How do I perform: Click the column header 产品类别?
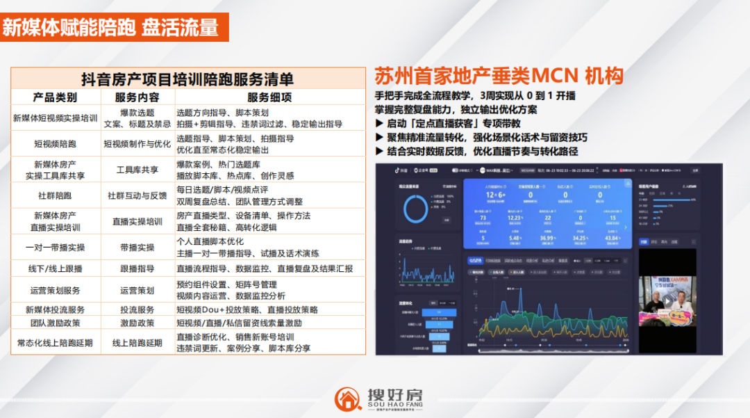(x=55, y=97)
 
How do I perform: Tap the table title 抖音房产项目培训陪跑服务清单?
(x=187, y=79)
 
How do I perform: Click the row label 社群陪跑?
(x=55, y=196)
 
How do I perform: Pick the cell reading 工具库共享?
(x=137, y=170)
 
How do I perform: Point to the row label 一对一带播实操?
(x=55, y=248)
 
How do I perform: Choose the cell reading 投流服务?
(x=137, y=310)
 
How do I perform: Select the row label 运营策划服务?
(x=55, y=290)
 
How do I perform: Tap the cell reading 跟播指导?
(x=137, y=268)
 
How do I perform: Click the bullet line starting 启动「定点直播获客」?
(x=449, y=123)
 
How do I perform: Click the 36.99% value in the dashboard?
(x=548, y=238)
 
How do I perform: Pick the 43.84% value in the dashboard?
(x=612, y=238)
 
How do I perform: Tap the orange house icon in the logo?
(x=348, y=399)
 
